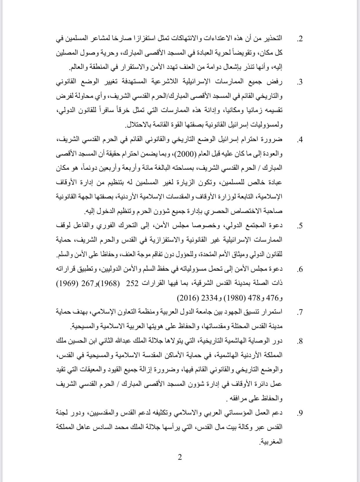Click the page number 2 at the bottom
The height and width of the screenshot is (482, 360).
(x=180, y=458)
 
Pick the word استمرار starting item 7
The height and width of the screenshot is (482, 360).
(x=272, y=313)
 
